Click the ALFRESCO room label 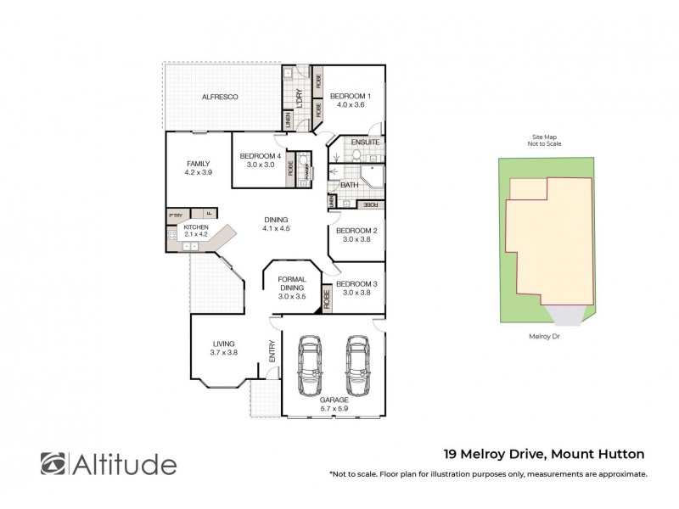219,98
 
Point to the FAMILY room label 198,164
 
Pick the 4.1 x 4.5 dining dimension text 276,227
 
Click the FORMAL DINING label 293,283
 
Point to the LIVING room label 224,344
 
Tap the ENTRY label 272,352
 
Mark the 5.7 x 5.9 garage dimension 334,408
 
